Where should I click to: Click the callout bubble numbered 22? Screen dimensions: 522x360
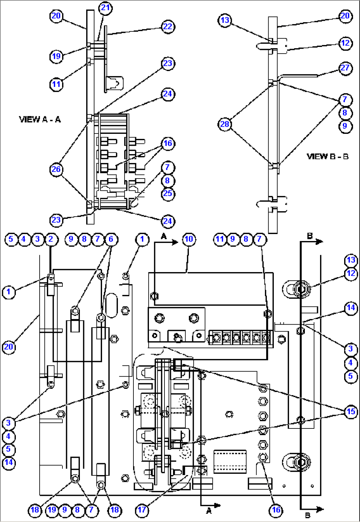point(168,26)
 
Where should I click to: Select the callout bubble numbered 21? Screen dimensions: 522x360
point(105,8)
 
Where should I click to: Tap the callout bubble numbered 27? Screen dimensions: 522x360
point(345,68)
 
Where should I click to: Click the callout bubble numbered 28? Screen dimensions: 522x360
point(225,124)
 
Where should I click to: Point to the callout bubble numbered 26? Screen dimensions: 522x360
point(56,170)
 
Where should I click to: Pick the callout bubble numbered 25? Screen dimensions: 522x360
point(168,193)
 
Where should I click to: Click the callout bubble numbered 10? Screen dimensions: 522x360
point(189,239)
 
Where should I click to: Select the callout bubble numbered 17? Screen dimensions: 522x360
point(142,510)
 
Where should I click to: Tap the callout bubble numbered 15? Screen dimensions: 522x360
point(351,412)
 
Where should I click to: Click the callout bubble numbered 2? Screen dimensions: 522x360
point(51,239)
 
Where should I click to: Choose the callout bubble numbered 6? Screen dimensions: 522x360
point(111,239)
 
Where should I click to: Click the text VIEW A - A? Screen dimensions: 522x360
point(40,119)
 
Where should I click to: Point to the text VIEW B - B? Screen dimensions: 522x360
point(328,156)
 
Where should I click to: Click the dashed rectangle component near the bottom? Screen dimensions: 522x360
point(230,461)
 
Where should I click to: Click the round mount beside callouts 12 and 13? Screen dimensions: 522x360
point(300,289)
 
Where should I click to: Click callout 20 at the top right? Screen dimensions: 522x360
point(345,16)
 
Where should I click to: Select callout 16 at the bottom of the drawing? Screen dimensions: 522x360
point(276,510)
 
